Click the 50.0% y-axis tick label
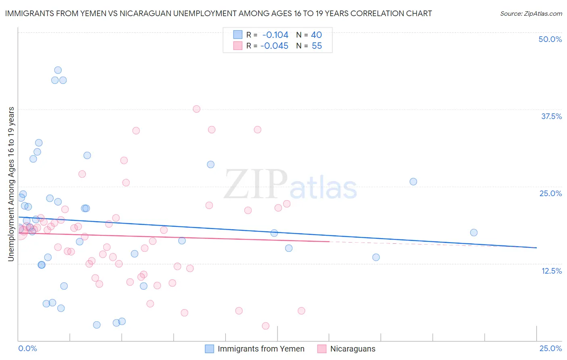(x=550, y=40)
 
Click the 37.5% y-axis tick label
(x=551, y=117)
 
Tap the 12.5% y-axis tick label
(x=551, y=271)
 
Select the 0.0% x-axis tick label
(x=27, y=349)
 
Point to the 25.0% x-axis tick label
(x=550, y=349)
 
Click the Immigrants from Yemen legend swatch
(x=209, y=349)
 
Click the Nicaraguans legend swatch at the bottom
(x=322, y=349)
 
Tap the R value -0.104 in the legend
(x=275, y=35)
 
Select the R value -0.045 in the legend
(x=274, y=46)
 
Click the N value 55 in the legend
(x=317, y=46)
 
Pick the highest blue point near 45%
(x=58, y=70)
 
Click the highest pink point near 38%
(x=196, y=109)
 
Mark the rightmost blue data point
(x=474, y=232)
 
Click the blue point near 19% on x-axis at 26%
(x=413, y=182)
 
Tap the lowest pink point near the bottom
(x=265, y=326)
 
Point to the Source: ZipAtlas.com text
(x=531, y=14)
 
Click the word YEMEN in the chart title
(x=102, y=14)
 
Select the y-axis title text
(x=11, y=184)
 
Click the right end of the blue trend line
(x=536, y=248)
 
